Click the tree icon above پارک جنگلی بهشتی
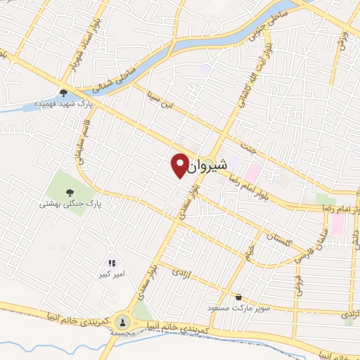69,191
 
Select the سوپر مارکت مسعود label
239,308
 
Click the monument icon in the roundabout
123,322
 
